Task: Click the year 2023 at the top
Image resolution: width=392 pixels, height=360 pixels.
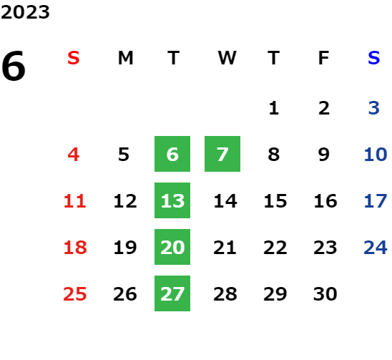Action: coord(25,12)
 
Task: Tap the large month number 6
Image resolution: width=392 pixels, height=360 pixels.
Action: coord(14,66)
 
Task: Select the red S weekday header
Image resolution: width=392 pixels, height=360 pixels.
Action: coord(74,58)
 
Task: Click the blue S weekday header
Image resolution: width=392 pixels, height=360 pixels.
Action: coord(373,58)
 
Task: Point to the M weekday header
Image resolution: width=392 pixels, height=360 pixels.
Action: coord(125,58)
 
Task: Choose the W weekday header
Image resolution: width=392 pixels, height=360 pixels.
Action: coord(227,58)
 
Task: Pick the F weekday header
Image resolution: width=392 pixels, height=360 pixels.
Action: coord(324,58)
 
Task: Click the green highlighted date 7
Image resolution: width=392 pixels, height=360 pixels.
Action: coord(222,154)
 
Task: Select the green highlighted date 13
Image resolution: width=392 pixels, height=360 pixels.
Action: coord(172,200)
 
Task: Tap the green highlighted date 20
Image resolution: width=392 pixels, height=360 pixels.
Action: coord(172,247)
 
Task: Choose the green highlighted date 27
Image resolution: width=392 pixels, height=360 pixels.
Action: coord(172,293)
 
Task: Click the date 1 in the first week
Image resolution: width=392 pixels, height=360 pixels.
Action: coord(274,108)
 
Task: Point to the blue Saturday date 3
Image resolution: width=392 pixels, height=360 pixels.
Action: coord(373,108)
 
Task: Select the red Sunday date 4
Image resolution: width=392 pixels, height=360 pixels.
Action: coord(74,154)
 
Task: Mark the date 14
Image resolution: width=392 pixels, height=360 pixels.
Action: coord(225,200)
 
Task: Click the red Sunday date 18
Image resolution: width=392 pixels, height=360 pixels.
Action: coord(75,247)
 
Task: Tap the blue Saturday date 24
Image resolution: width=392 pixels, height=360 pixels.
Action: coord(376,247)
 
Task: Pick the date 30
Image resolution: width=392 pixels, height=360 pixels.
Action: coord(325,293)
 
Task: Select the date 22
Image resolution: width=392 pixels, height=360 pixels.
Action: coord(275,247)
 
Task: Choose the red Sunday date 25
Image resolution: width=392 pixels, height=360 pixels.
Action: coord(75,293)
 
